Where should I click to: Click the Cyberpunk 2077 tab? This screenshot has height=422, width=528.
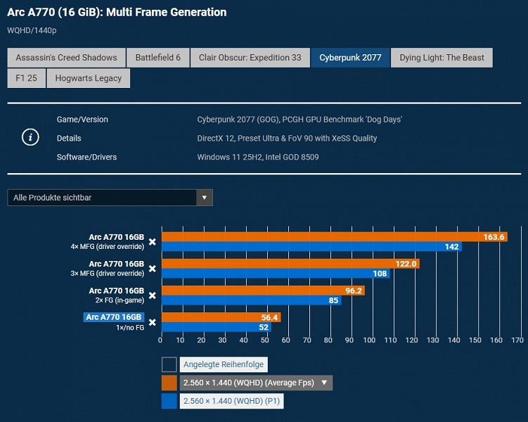coord(350,58)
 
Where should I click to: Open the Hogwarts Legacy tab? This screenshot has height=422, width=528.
coord(89,78)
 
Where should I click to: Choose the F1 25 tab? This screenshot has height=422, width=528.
coord(26,78)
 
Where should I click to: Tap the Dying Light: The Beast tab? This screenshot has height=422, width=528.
coord(442,58)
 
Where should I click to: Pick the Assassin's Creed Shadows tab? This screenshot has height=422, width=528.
coord(66,58)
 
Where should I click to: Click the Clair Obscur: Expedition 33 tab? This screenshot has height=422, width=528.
coord(250,58)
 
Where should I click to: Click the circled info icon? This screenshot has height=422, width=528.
coord(30,138)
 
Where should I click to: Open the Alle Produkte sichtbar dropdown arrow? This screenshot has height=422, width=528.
coord(204,198)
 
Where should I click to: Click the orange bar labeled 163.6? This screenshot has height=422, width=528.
coord(334,237)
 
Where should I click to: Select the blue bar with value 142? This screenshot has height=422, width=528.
coord(311,247)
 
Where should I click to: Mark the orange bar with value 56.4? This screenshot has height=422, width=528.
coord(221,317)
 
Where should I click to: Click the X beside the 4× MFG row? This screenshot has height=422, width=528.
coord(152,241)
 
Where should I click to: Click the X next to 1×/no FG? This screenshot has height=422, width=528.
coord(152,322)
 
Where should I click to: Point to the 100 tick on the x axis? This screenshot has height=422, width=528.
coord(371,340)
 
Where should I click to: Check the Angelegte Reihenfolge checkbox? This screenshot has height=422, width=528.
coord(169,364)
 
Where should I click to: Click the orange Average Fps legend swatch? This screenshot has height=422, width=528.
coord(169,383)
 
